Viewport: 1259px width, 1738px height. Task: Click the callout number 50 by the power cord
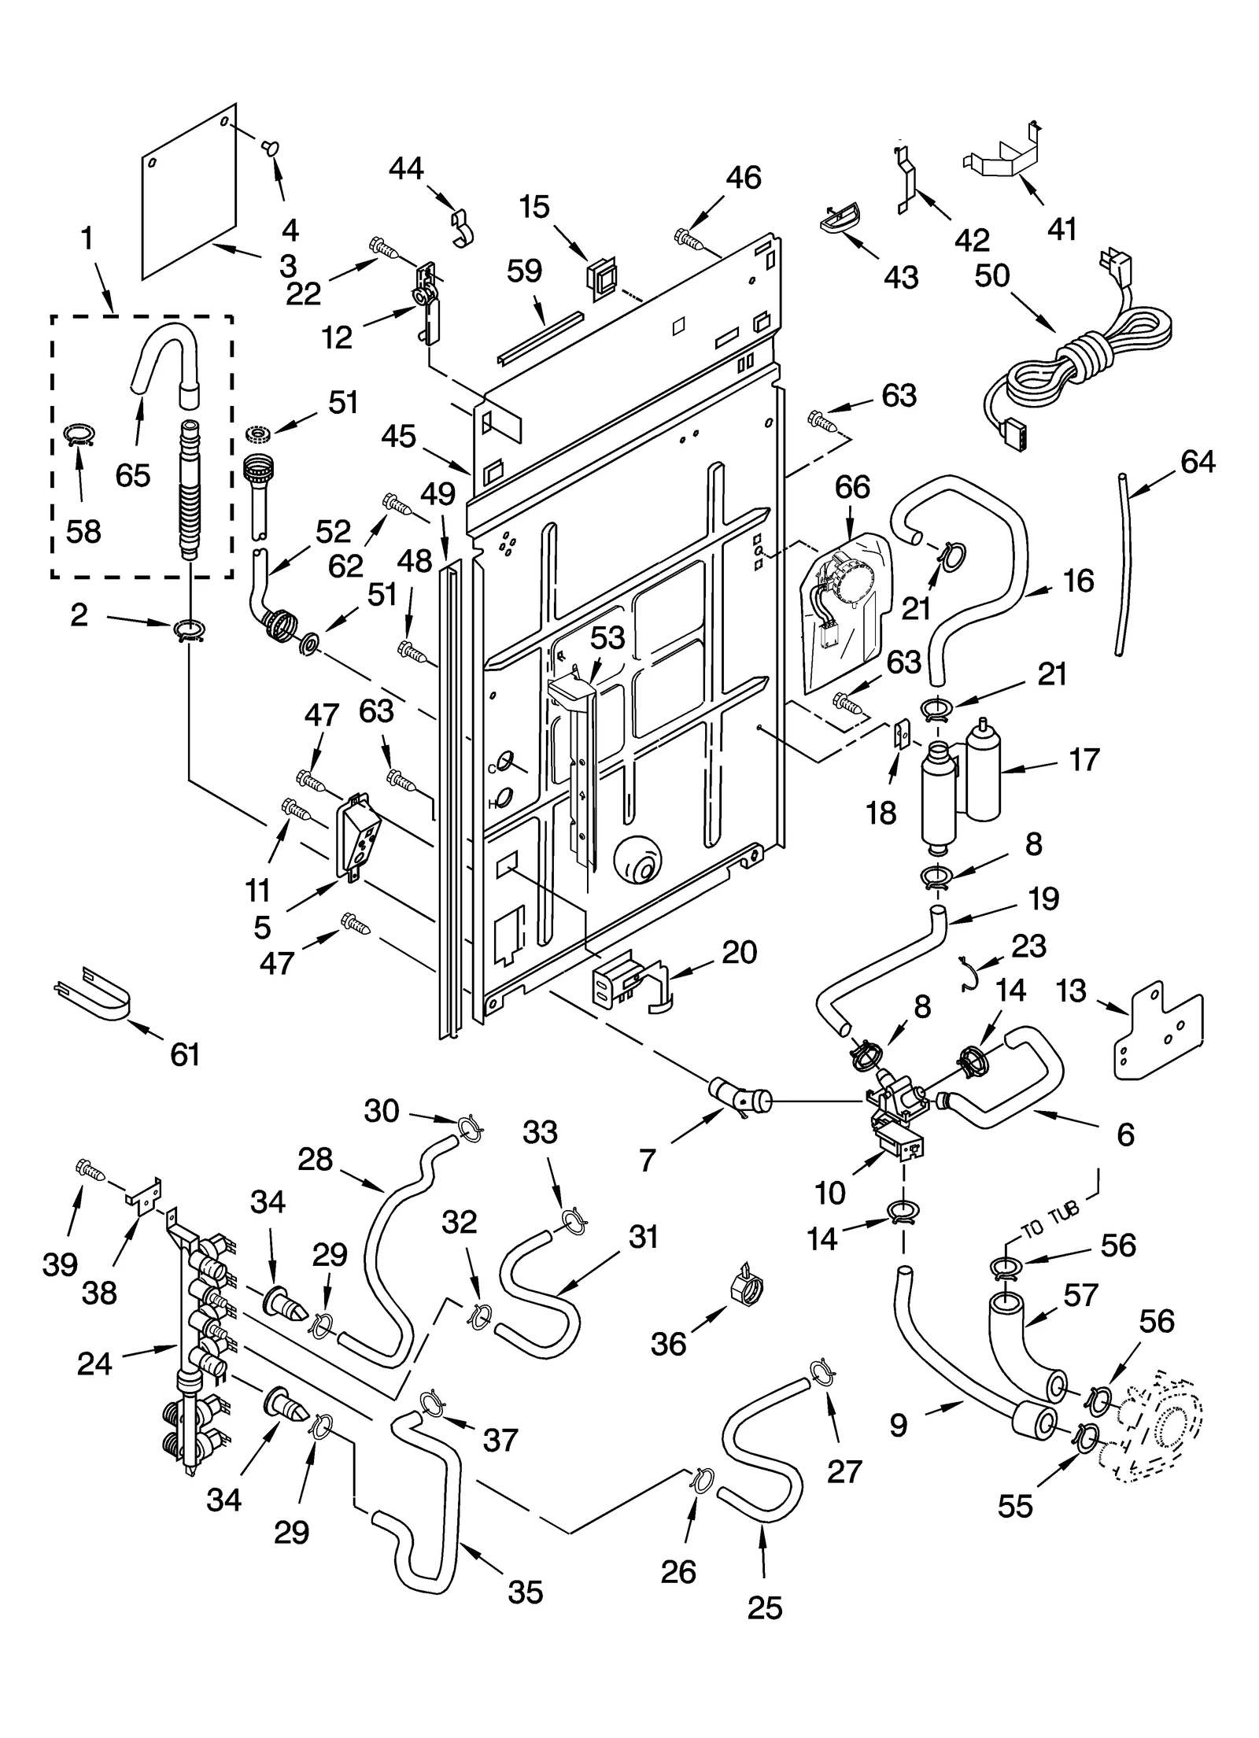tap(991, 275)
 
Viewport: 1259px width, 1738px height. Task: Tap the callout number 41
tap(1062, 229)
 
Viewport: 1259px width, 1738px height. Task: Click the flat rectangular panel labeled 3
tap(189, 193)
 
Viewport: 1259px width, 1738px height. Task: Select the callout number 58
tap(83, 532)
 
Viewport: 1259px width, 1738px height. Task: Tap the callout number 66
tap(852, 487)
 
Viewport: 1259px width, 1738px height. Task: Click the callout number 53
tap(607, 638)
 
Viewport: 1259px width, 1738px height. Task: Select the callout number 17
tap(1084, 760)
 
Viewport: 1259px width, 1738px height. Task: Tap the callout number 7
tap(648, 1161)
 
